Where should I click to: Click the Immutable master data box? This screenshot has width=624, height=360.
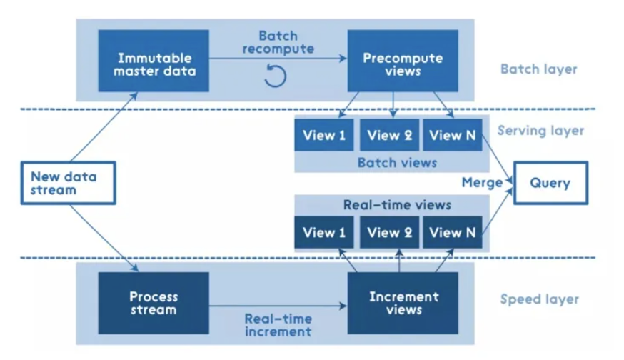click(x=154, y=61)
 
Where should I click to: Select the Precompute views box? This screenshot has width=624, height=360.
click(x=403, y=61)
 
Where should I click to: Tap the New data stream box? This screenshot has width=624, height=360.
click(x=69, y=183)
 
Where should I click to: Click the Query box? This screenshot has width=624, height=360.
click(x=550, y=183)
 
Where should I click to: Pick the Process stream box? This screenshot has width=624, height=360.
click(x=154, y=303)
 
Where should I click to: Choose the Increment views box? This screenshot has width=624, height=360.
click(x=403, y=303)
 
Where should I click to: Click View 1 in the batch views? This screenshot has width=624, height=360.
click(x=324, y=135)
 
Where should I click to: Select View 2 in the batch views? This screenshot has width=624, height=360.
click(x=389, y=135)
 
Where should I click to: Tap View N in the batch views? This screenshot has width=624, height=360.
click(x=453, y=135)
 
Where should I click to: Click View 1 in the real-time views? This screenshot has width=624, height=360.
click(x=324, y=232)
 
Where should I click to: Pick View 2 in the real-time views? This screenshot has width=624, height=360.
click(x=389, y=232)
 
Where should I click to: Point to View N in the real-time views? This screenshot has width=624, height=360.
click(x=453, y=232)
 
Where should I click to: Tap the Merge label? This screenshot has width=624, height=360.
click(x=482, y=183)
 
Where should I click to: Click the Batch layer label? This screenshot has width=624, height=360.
click(x=539, y=69)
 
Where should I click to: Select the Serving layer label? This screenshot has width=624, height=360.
click(x=541, y=131)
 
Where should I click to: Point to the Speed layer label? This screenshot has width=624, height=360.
click(x=539, y=299)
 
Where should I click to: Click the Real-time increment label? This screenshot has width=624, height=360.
click(x=278, y=325)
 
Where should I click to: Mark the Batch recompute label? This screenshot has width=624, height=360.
click(x=278, y=42)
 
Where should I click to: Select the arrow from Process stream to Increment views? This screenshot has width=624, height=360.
click(x=278, y=306)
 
